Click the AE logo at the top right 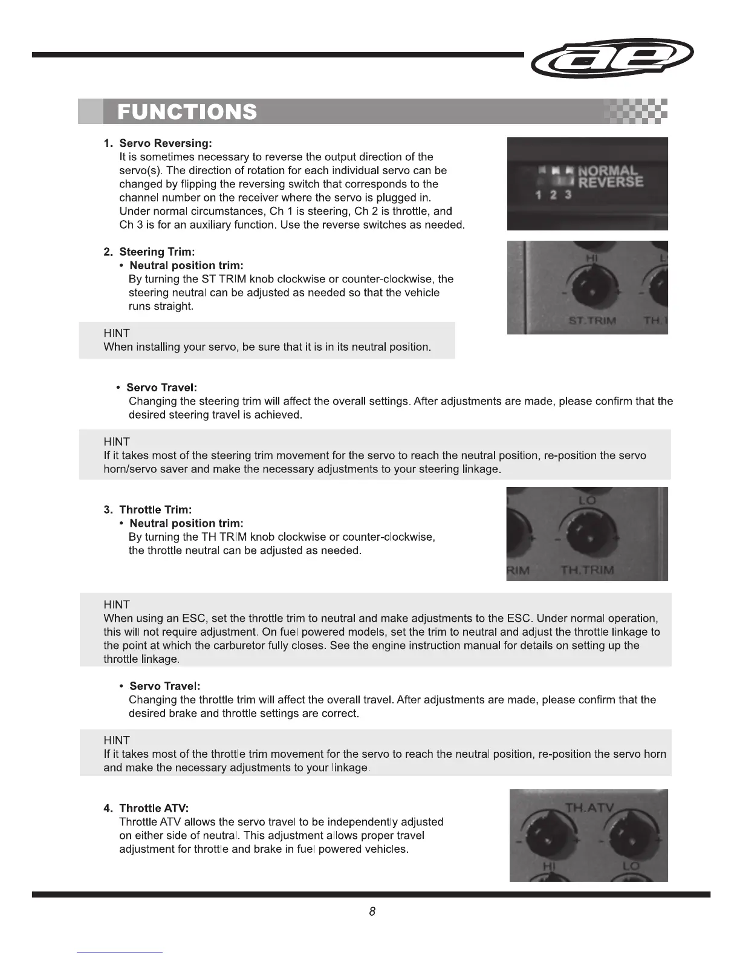[x=611, y=58]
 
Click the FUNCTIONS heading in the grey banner [x=187, y=112]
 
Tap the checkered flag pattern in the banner [x=635, y=111]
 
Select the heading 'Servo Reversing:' [x=166, y=143]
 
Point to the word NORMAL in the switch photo [x=607, y=171]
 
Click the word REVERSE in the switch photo [x=611, y=182]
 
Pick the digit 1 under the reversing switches [x=538, y=195]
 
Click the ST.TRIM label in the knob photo [x=592, y=321]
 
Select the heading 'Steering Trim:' [x=157, y=252]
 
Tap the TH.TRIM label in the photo [x=587, y=570]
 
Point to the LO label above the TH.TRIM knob [x=586, y=500]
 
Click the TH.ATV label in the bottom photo [x=589, y=807]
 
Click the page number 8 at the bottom [x=372, y=911]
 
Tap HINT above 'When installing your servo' [x=117, y=333]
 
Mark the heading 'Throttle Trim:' [x=155, y=510]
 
